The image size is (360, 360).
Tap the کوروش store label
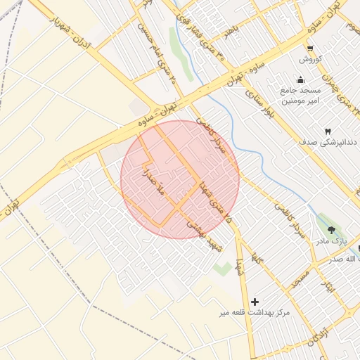pyautogui.click(x=310, y=59)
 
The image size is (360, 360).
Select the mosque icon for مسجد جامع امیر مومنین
pyautogui.click(x=301, y=79)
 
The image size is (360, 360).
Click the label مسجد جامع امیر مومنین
pyautogui.click(x=301, y=96)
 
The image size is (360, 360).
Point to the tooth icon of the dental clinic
pyautogui.click(x=327, y=131)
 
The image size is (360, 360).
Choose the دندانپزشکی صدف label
pyautogui.click(x=327, y=142)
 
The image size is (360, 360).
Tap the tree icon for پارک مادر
pyautogui.click(x=330, y=229)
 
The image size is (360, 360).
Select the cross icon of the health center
pyautogui.click(x=255, y=301)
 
